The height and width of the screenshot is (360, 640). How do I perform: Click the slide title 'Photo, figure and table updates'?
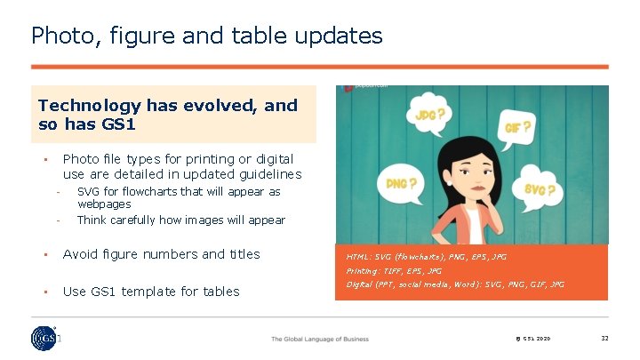tap(206, 36)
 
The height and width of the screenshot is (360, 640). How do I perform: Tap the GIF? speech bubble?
tap(518, 128)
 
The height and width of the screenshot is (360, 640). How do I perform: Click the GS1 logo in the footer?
tap(44, 340)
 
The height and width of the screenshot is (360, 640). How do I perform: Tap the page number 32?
tap(604, 339)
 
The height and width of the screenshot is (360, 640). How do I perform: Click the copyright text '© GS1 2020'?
tap(531, 339)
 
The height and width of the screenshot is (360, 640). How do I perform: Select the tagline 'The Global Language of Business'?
tap(319, 339)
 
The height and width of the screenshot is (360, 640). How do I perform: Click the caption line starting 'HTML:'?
tap(427, 257)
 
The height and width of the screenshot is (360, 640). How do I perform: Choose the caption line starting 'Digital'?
tap(455, 284)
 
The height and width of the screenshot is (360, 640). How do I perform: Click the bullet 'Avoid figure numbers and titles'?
tap(161, 254)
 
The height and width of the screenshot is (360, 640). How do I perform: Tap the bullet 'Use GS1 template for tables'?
tap(151, 292)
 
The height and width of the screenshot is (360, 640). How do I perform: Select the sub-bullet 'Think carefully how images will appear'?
tap(180, 220)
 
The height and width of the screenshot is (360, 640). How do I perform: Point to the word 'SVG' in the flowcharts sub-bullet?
tap(88, 192)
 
